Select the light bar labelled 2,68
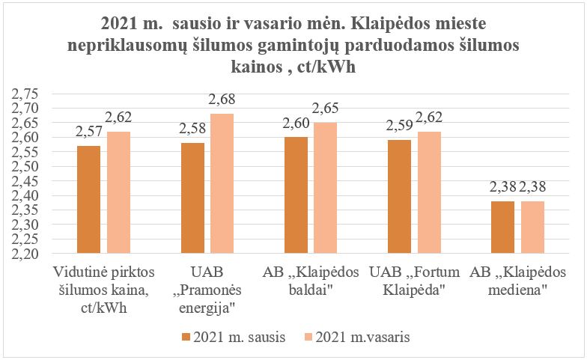[x=222, y=183]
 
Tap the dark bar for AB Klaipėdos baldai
[x=296, y=195]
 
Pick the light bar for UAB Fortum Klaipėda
[x=429, y=192]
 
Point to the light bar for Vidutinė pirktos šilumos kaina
[x=118, y=192]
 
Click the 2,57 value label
[x=89, y=132]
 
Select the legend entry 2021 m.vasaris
[x=362, y=338]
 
